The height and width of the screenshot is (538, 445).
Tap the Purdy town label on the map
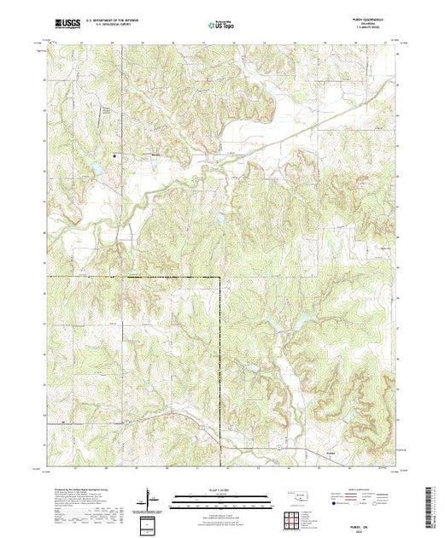155,154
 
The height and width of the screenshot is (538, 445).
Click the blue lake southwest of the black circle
98,168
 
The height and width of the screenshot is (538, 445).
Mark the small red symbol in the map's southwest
64,421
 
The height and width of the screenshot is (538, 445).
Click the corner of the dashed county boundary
220,278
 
